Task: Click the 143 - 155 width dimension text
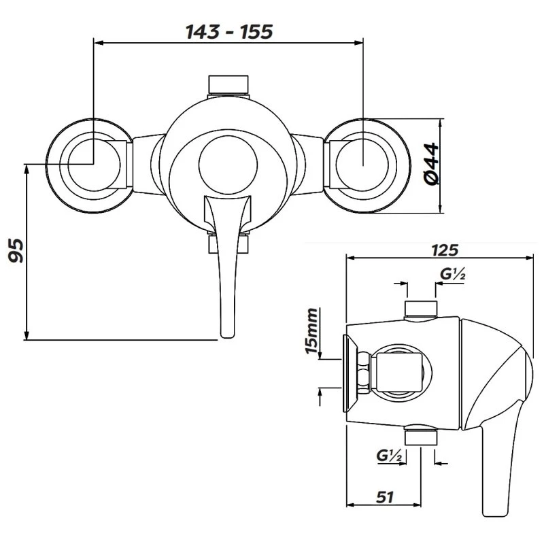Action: (228, 31)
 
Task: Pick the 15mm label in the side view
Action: (312, 331)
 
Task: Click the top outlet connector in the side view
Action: (420, 309)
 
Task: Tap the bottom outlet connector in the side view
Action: (420, 436)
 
